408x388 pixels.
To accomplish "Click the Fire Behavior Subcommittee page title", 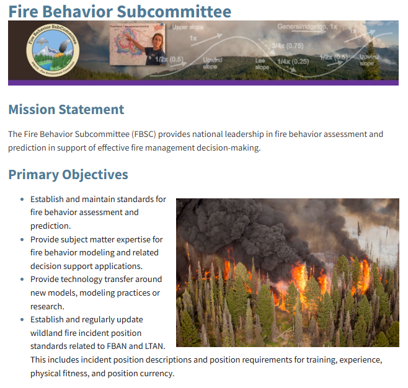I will coord(120,11).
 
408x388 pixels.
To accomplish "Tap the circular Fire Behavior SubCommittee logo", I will coord(54,51).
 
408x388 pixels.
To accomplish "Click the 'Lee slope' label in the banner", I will coord(262,64).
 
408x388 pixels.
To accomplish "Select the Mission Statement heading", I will coord(66,110).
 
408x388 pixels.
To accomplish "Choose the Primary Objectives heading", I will coord(68,174).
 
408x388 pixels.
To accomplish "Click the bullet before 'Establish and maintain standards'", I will coord(22,200).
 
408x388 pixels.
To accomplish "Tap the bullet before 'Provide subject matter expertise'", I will coord(22,239).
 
